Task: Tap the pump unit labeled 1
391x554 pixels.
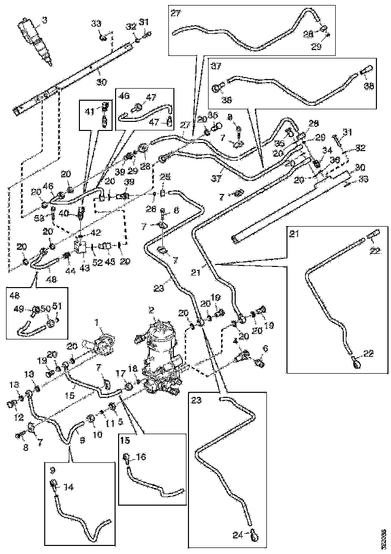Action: [x=103, y=342]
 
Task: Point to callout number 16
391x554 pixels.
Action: [x=142, y=457]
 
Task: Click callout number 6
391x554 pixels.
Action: [x=265, y=349]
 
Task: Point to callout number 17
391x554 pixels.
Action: [x=120, y=373]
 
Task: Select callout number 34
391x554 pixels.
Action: [x=327, y=150]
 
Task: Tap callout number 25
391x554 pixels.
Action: [x=165, y=177]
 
